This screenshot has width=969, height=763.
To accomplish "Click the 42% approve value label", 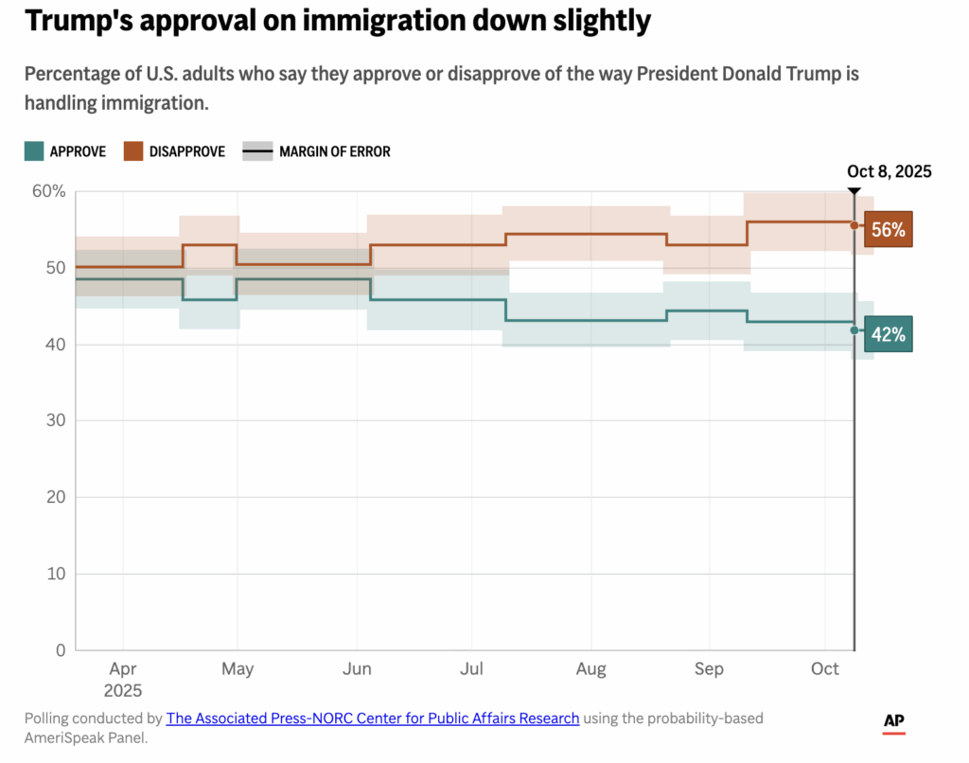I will (889, 334).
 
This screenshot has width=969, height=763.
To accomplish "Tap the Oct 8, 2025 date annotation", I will (889, 171).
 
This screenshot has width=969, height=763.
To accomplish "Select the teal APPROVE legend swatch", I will (34, 151).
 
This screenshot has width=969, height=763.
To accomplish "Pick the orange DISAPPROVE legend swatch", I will (132, 151).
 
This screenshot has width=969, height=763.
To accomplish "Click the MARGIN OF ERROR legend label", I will (335, 151).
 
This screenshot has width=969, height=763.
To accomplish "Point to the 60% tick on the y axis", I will (49, 191).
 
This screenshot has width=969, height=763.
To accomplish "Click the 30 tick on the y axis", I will (57, 420).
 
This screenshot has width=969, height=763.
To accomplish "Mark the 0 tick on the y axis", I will (61, 650).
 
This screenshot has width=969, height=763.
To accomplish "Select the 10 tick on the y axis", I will (57, 574).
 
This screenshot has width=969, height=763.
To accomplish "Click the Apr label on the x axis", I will (123, 669).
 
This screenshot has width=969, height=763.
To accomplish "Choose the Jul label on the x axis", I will (472, 669).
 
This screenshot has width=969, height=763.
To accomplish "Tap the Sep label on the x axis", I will (709, 669).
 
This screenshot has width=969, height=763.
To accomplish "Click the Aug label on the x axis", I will (590, 669).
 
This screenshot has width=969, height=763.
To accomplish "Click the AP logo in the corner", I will (894, 721).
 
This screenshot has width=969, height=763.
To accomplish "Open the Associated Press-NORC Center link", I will (373, 719).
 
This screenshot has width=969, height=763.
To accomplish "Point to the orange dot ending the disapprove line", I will (854, 225).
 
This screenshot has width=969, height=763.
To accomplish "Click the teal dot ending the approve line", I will (854, 330).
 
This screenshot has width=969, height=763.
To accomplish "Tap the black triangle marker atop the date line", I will (854, 191).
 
